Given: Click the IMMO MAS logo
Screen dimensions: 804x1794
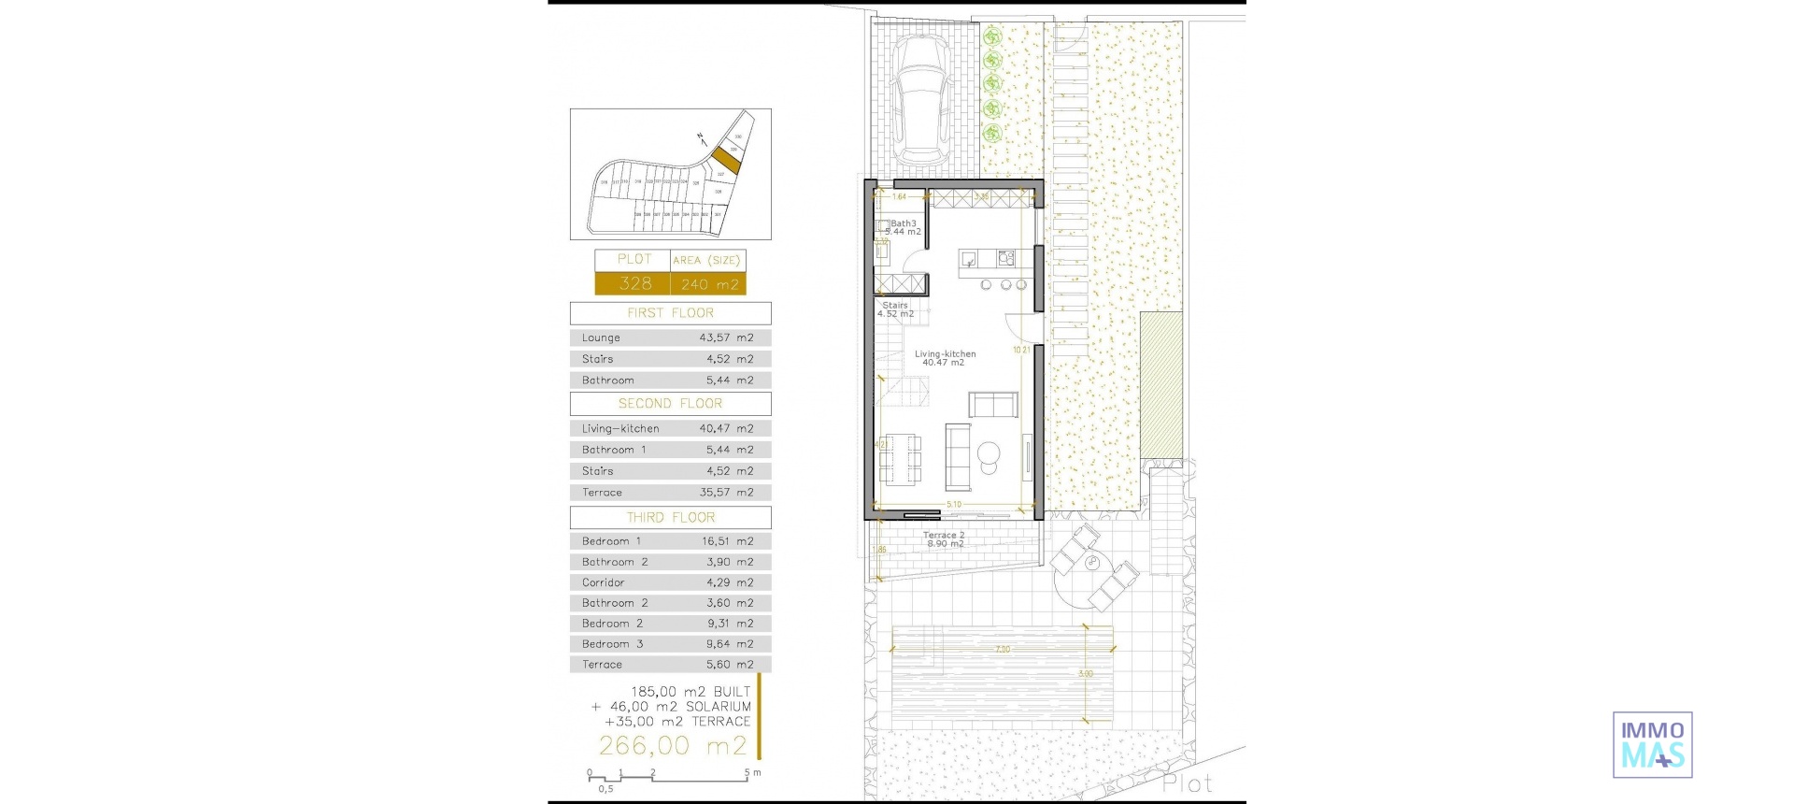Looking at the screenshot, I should [1652, 745].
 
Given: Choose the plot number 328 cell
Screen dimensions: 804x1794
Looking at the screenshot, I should [634, 283].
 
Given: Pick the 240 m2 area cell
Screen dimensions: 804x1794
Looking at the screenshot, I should [709, 284].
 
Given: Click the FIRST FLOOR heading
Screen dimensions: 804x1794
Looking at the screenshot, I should [670, 313].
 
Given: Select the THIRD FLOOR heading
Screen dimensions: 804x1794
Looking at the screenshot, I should [670, 518].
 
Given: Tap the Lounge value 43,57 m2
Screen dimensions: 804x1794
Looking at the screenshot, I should [726, 338].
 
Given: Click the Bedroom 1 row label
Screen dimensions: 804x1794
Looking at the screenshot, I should [611, 541].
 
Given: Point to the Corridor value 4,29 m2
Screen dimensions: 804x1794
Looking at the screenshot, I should [729, 582].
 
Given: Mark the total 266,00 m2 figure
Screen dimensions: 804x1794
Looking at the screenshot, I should [673, 745].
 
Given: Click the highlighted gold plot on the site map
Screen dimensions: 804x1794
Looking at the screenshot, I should [726, 160].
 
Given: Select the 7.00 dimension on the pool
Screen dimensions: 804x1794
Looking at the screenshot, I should [1002, 649].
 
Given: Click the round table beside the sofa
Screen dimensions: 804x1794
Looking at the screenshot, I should [988, 455].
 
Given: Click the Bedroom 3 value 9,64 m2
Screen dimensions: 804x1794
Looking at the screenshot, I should [729, 644].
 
